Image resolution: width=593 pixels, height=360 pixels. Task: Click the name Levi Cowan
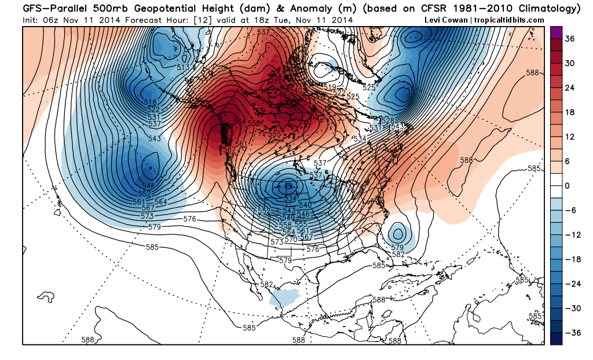(x=447, y=19)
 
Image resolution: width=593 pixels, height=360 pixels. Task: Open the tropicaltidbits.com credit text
(x=510, y=19)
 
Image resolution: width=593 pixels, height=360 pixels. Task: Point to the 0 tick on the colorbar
(x=568, y=185)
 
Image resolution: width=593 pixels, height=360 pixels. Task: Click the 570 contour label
(x=291, y=239)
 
